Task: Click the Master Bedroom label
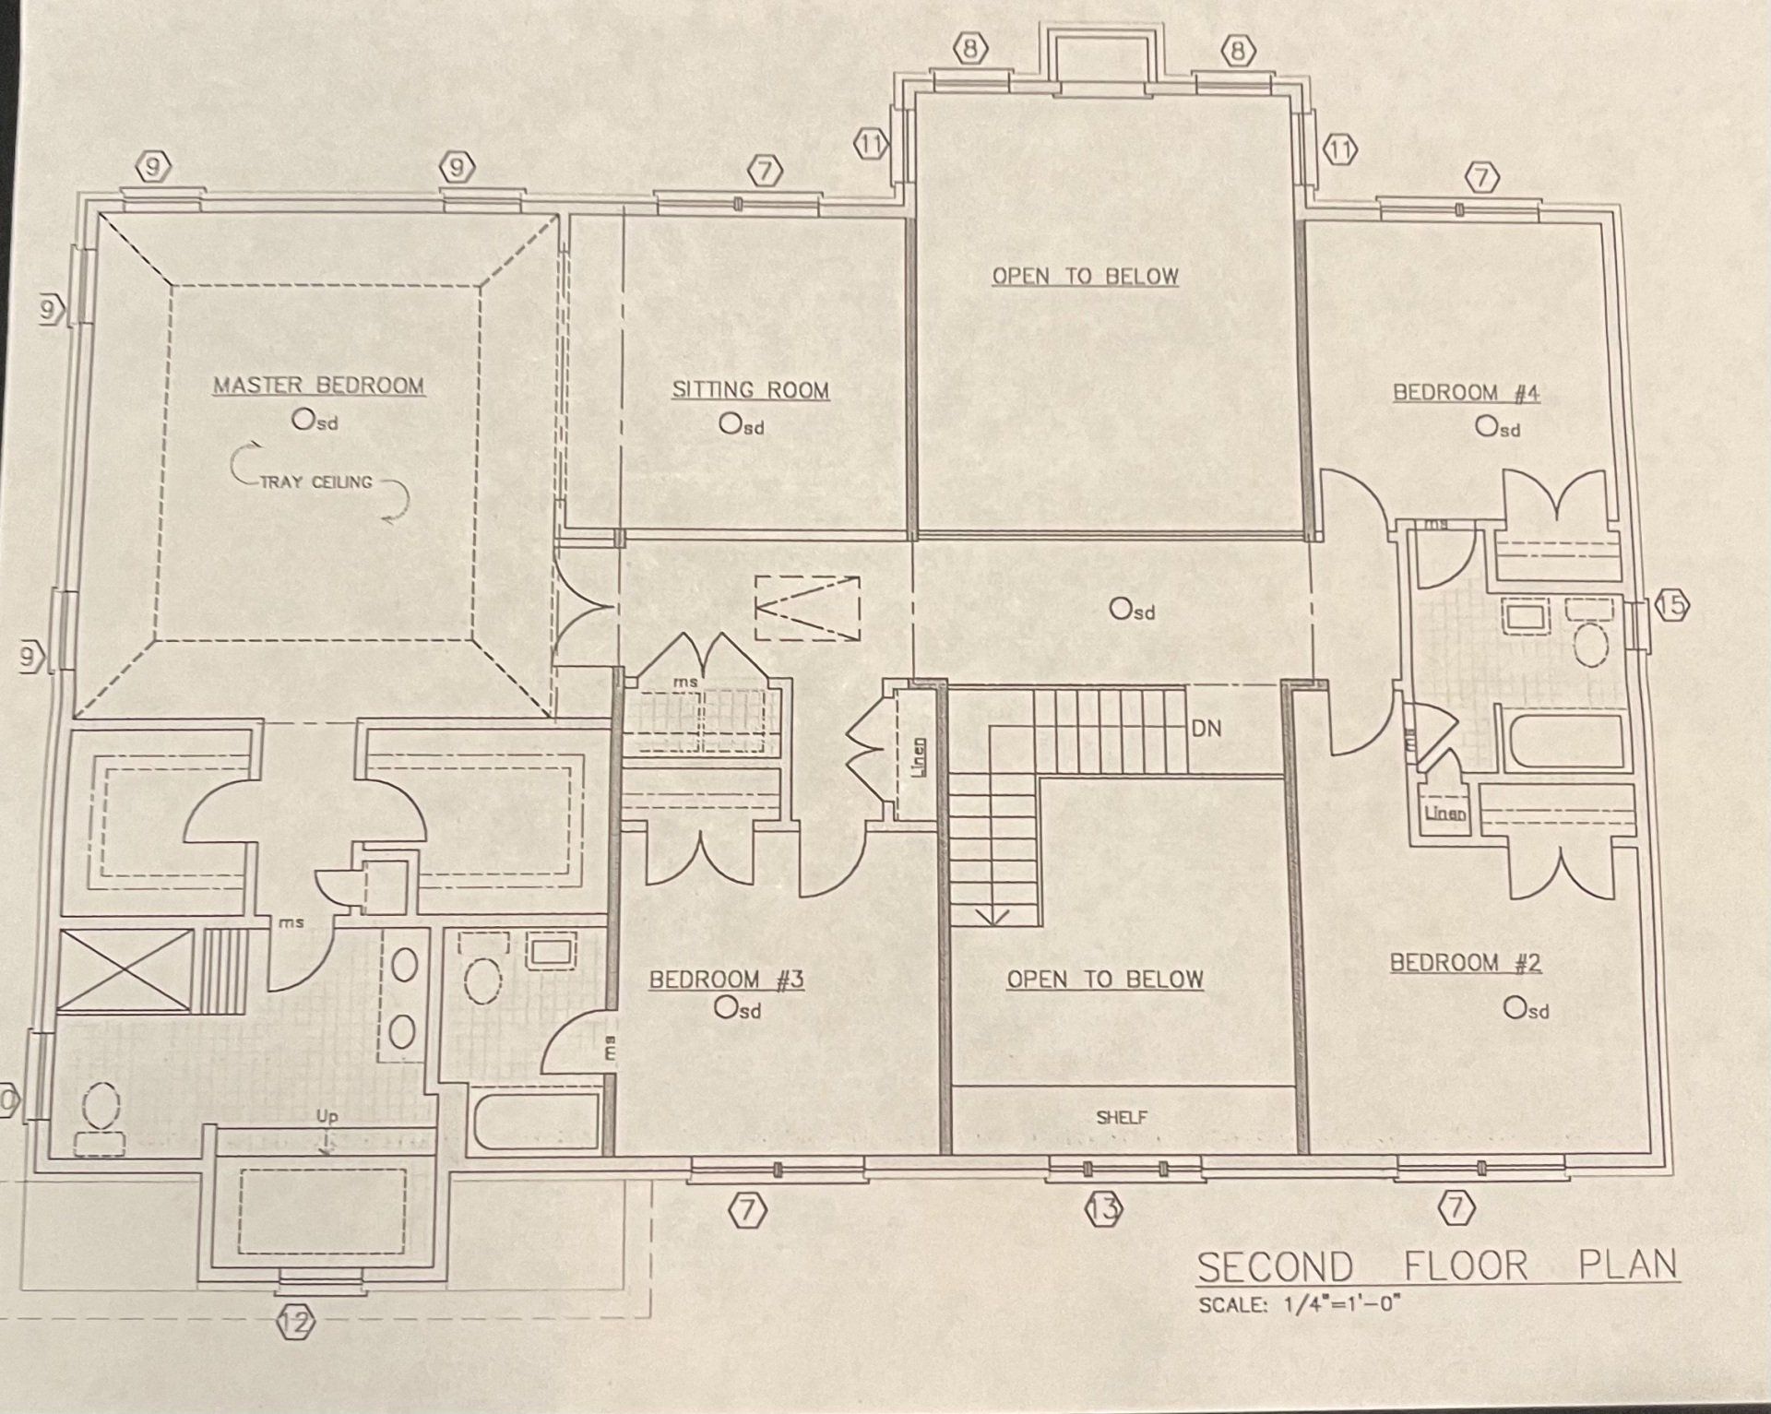pyautogui.click(x=318, y=385)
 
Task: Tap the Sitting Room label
pyautogui.click(x=750, y=390)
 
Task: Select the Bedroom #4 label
pyautogui.click(x=1466, y=393)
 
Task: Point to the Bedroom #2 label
pyautogui.click(x=1465, y=963)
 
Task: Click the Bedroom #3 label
pyautogui.click(x=726, y=980)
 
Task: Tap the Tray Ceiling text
pyautogui.click(x=316, y=481)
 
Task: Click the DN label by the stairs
pyautogui.click(x=1206, y=729)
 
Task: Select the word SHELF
pyautogui.click(x=1122, y=1118)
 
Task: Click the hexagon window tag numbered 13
pyautogui.click(x=1105, y=1207)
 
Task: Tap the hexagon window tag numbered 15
pyautogui.click(x=1671, y=607)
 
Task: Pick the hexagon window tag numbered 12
pyautogui.click(x=296, y=1324)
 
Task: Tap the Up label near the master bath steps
pyautogui.click(x=327, y=1116)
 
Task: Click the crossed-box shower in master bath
pyautogui.click(x=125, y=971)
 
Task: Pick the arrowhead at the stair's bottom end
pyautogui.click(x=994, y=917)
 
